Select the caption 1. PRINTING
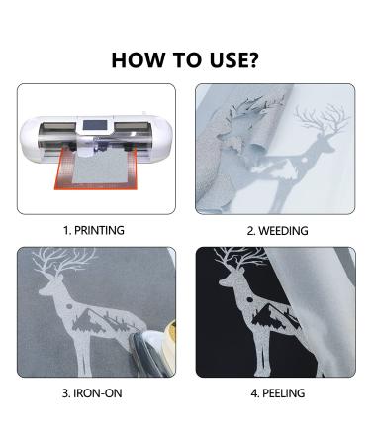(x=94, y=230)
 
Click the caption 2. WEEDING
(x=278, y=231)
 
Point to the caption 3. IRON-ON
(x=92, y=393)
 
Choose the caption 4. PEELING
(x=278, y=393)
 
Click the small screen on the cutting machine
(x=95, y=125)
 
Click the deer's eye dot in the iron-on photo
(x=69, y=306)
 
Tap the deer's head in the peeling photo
(x=230, y=280)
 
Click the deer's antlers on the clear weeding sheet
(x=322, y=119)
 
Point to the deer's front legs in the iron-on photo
(x=83, y=355)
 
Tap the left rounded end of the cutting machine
(x=29, y=139)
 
